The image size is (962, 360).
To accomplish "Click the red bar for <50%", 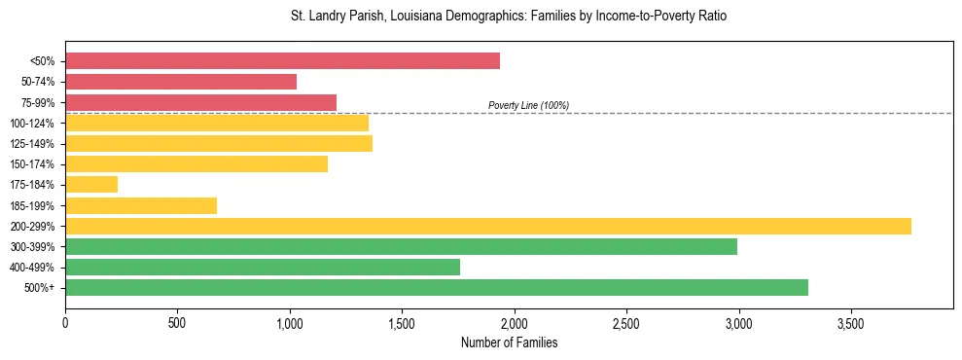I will coord(282,61).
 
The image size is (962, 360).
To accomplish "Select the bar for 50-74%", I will coord(181,82).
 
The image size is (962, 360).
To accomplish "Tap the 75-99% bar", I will coord(200,102).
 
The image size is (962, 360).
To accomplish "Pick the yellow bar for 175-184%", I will coord(91,185).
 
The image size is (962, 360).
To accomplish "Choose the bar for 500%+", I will coord(437,288).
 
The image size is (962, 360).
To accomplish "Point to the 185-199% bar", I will coord(141,205).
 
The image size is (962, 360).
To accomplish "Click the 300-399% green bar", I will coord(401,247).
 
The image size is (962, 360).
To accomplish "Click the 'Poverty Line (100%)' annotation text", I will coord(528,105).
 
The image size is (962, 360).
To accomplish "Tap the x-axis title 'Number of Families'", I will coord(509,342).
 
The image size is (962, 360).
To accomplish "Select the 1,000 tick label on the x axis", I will coord(290,322).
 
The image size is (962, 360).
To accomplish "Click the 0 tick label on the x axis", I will coord(65,322).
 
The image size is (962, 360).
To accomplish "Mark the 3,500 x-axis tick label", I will coord(851,322).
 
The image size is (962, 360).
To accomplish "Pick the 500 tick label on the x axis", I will coord(177,322).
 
